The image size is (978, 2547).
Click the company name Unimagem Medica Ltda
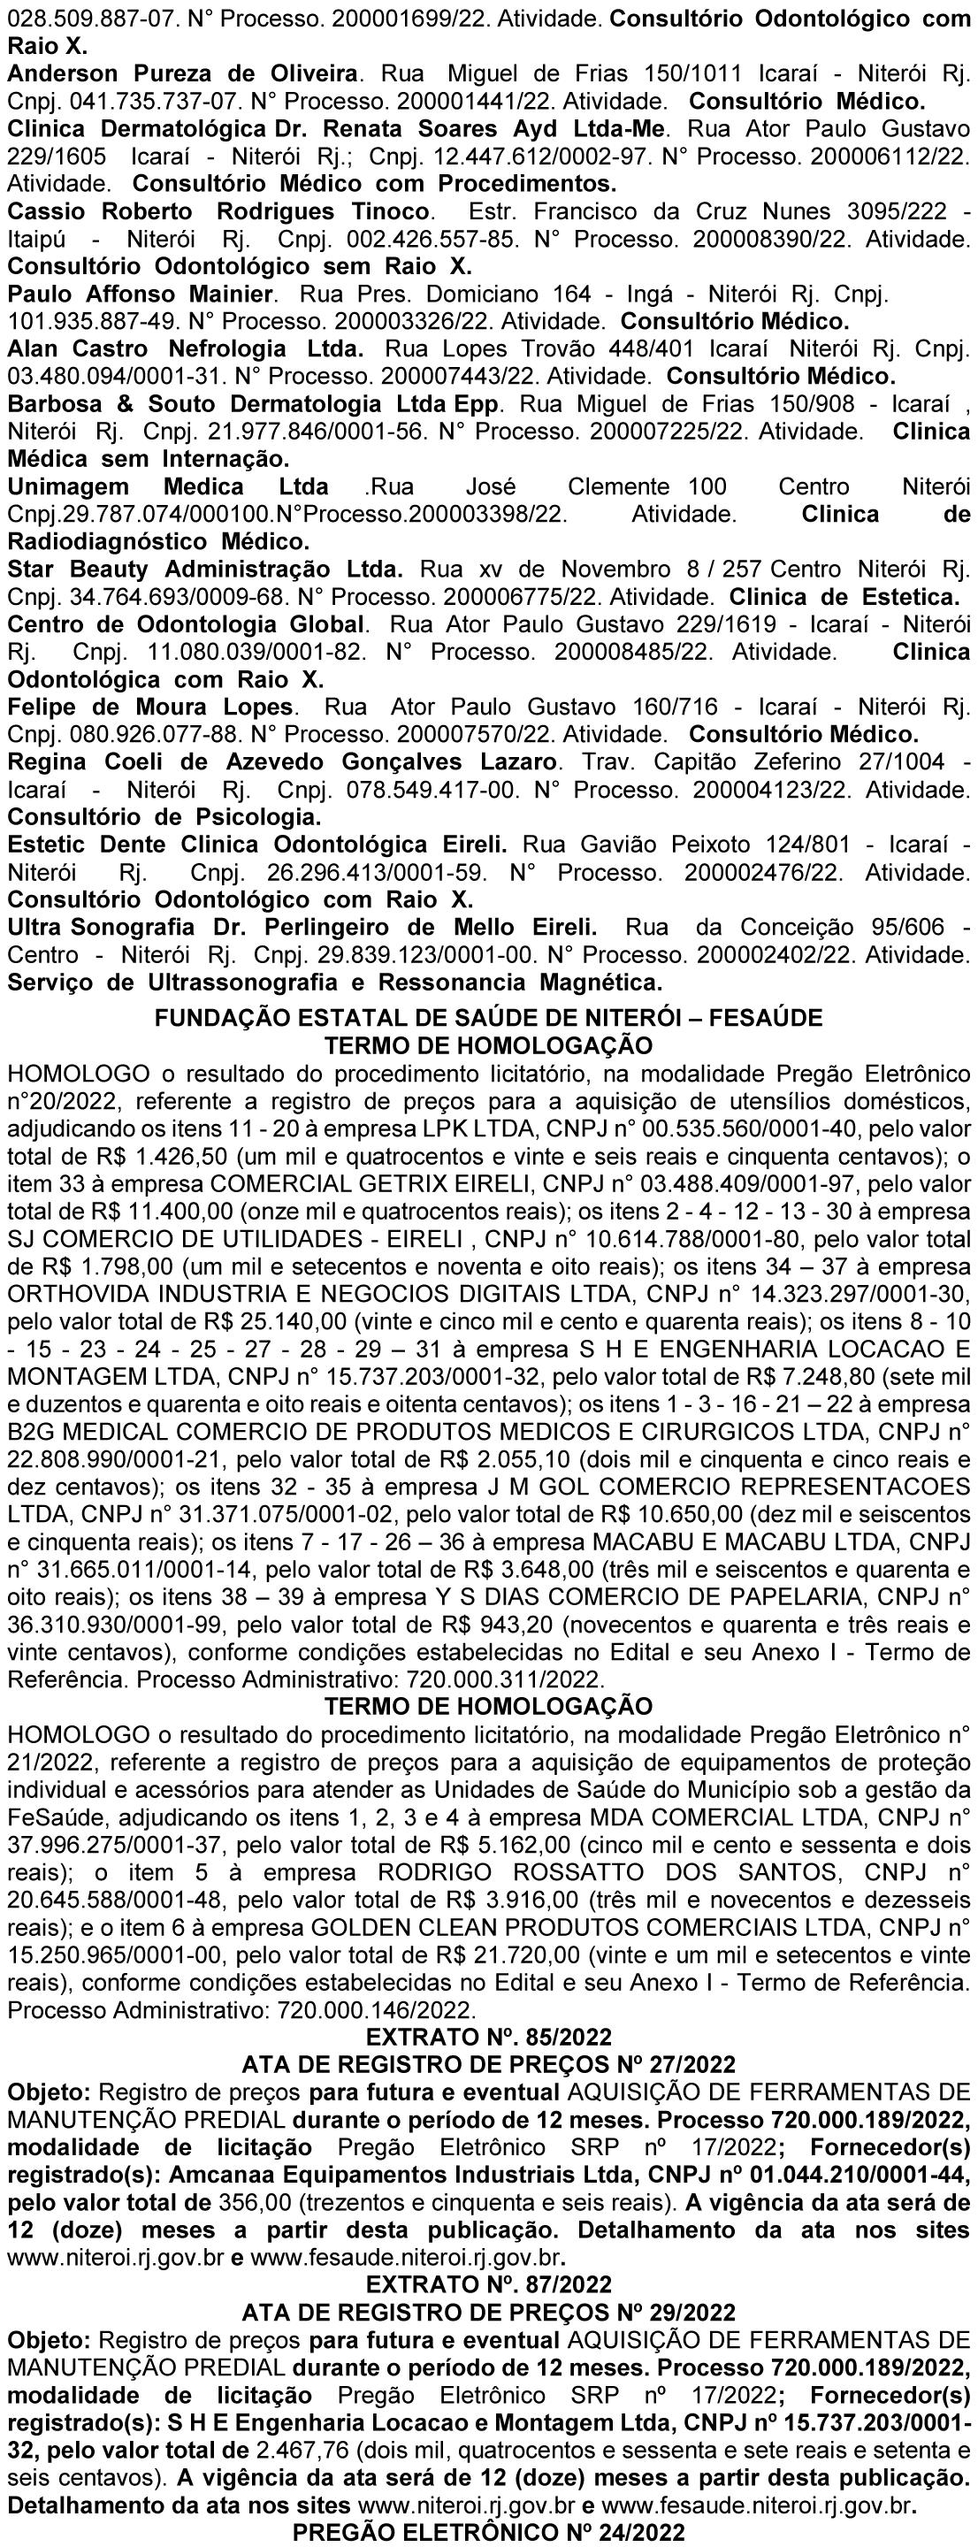[168, 487]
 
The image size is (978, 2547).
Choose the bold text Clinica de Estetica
[844, 597]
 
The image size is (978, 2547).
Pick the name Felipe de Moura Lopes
[150, 707]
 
